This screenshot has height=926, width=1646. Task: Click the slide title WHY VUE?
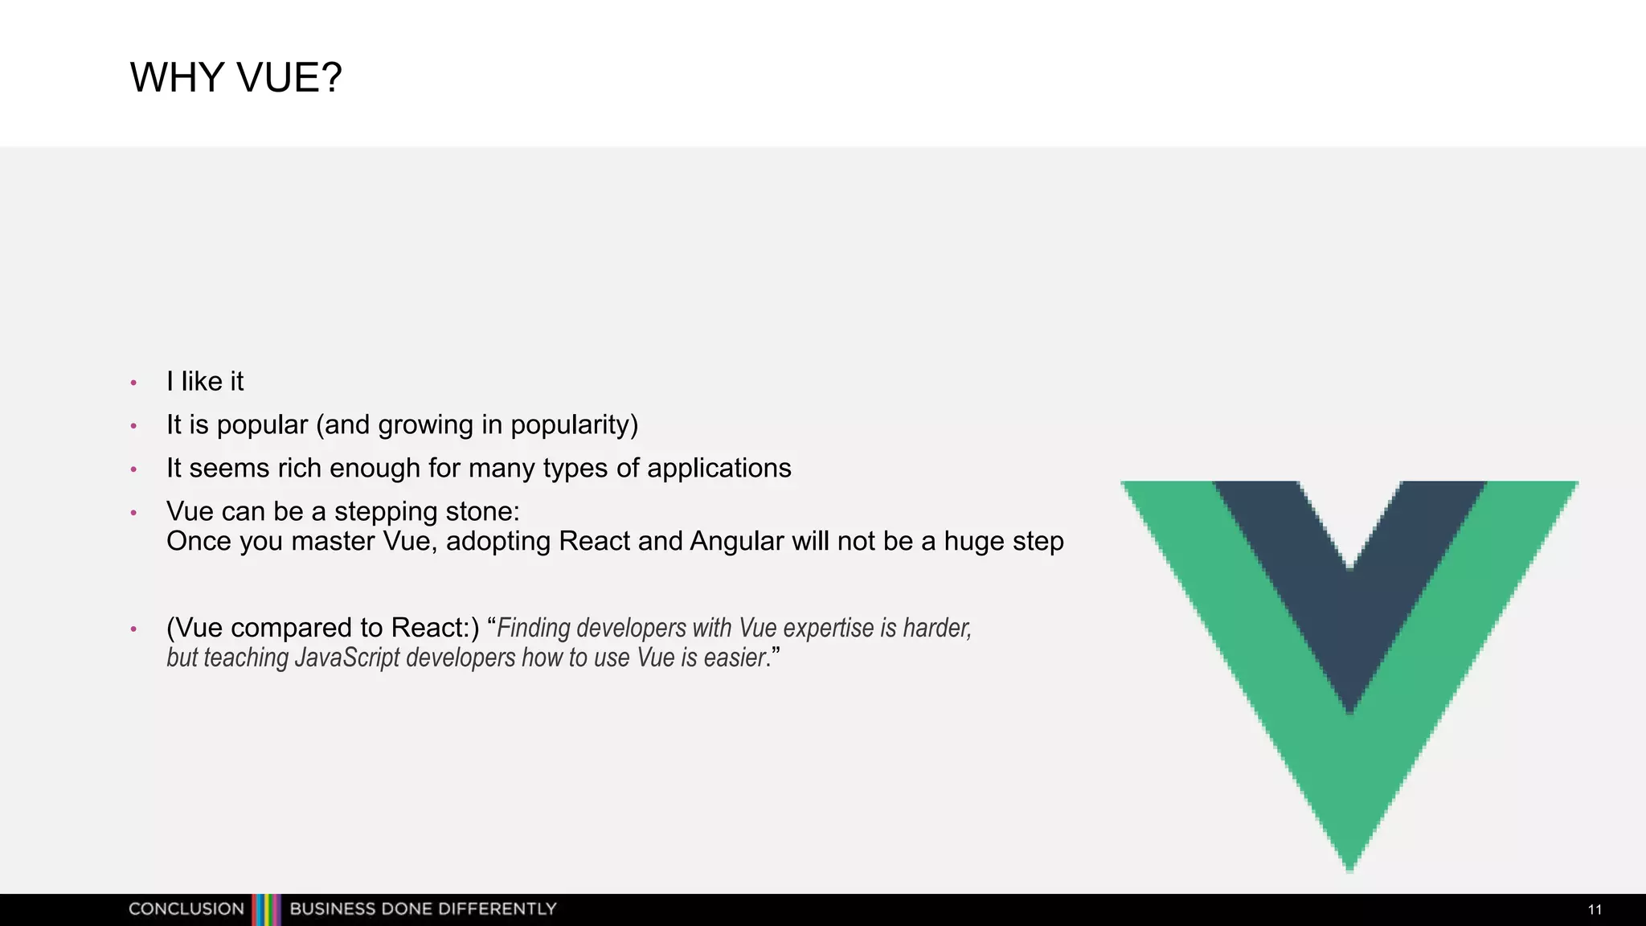click(235, 78)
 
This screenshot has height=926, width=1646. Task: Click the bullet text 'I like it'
click(205, 381)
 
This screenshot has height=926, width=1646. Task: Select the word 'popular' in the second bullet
click(262, 425)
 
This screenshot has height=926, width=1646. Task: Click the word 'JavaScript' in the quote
click(347, 658)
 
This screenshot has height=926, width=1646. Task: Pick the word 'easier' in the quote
click(734, 658)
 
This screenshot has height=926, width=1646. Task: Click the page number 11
click(1595, 910)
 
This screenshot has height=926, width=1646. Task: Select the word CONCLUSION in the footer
click(186, 909)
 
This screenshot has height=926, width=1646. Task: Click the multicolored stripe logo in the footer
click(267, 909)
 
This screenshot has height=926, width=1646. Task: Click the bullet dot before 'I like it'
click(134, 383)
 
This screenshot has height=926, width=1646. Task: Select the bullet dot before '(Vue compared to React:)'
click(134, 629)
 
